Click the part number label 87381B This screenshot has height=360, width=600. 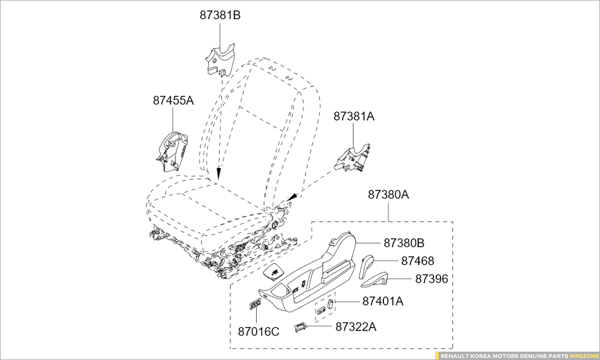pos(220,16)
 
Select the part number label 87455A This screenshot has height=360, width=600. pos(173,101)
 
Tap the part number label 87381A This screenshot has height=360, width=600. pos(354,117)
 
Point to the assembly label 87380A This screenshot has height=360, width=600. pos(388,194)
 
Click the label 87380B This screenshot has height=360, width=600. pos(404,243)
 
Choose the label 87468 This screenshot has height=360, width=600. pos(418,261)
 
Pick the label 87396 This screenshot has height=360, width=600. pos(432,279)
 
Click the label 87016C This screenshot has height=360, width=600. pos(259,331)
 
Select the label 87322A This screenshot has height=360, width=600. pos(356,326)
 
